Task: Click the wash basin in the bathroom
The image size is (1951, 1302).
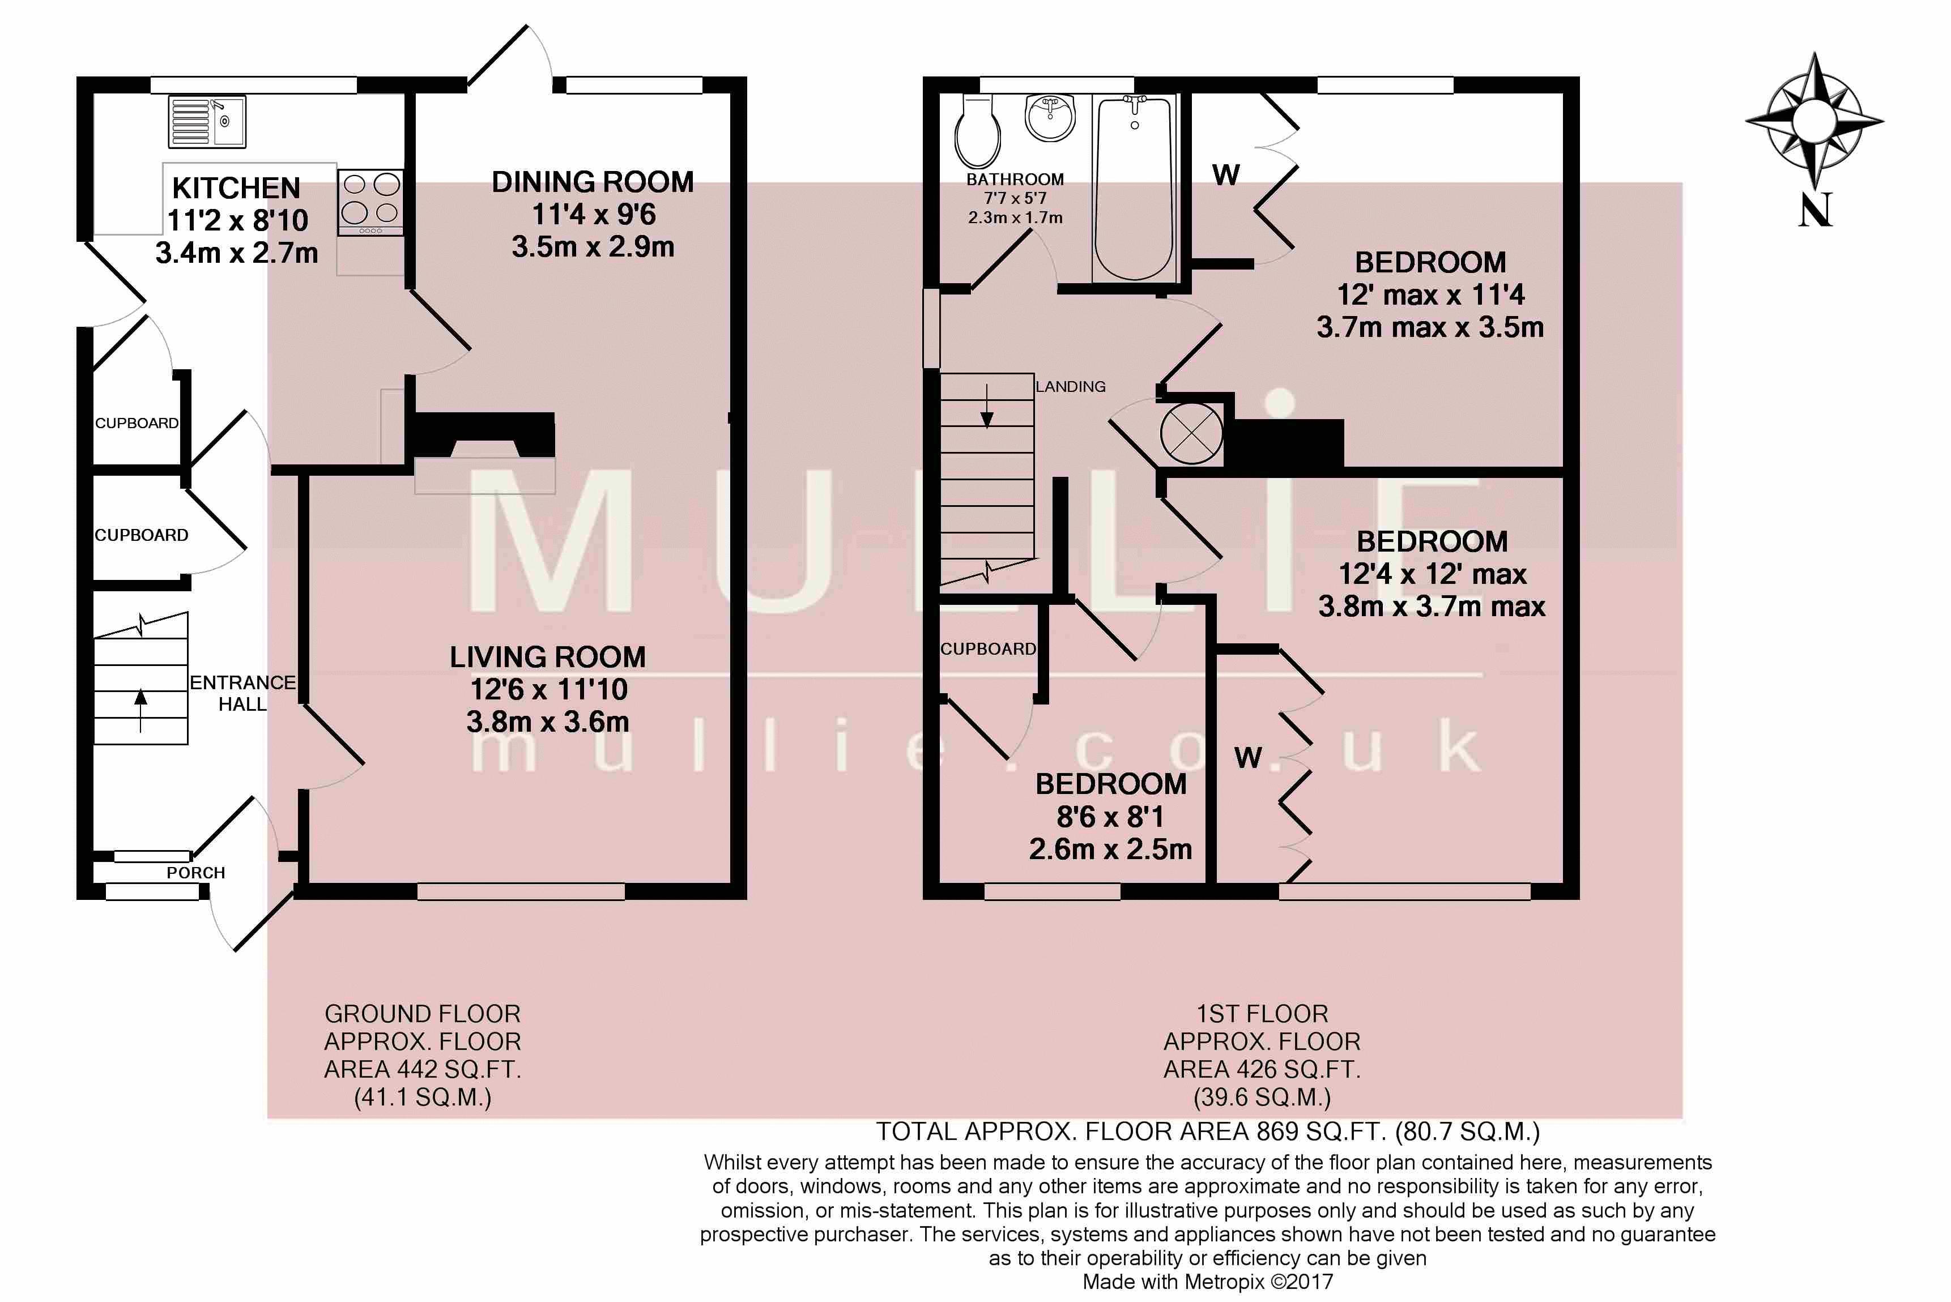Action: pos(1051,118)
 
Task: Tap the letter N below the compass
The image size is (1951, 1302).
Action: pos(1815,210)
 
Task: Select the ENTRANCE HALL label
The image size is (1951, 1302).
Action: pos(242,693)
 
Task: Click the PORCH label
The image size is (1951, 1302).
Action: pos(196,873)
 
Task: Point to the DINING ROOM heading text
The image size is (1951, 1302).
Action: pos(592,182)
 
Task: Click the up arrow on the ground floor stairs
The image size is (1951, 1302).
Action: pos(140,710)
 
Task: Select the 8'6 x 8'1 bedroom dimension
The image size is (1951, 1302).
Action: pos(1110,817)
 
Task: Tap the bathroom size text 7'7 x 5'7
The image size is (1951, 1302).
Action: pos(1015,198)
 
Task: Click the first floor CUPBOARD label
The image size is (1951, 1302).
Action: pos(987,648)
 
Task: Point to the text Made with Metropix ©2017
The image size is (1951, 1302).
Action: pos(1208,1281)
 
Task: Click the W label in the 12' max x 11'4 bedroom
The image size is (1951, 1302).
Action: pos(1226,175)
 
